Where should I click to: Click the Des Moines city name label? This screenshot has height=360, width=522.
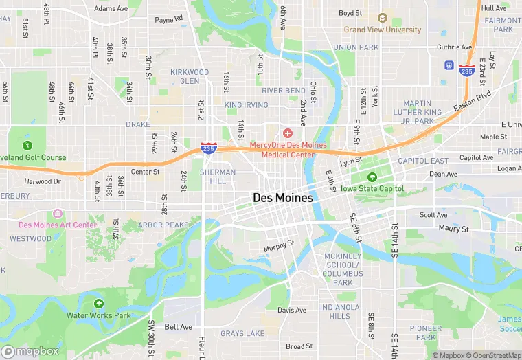pos(282,198)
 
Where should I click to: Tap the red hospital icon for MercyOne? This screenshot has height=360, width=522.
pos(288,132)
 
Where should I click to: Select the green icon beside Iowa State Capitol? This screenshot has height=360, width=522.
pos(373,177)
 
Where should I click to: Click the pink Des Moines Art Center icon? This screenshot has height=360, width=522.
pos(57,214)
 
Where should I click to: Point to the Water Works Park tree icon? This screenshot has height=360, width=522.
pos(98,304)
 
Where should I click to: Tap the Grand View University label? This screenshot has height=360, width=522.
pos(383,30)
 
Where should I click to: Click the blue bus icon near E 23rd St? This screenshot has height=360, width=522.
pos(449,66)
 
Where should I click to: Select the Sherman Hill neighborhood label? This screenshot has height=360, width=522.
pos(217,177)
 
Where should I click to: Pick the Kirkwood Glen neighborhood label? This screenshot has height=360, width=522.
pos(190,76)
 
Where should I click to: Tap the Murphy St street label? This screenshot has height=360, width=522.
pos(279,243)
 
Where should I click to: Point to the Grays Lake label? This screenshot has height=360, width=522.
pos(242,334)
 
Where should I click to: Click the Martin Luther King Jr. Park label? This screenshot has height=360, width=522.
pos(418,112)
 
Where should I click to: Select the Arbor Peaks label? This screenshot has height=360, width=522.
pos(163,225)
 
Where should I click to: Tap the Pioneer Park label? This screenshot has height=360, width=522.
pos(426,333)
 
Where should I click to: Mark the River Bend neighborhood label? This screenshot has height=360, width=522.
pos(284,91)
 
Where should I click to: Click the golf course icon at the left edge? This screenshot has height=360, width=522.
pos(27,145)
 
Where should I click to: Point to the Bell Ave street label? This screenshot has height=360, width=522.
pos(178,327)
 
